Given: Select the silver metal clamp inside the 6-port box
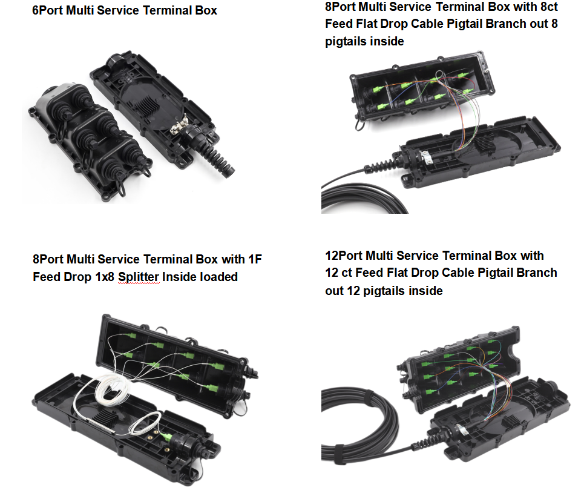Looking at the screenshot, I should click(179, 128).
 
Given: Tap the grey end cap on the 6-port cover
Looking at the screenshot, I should click(50, 97).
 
